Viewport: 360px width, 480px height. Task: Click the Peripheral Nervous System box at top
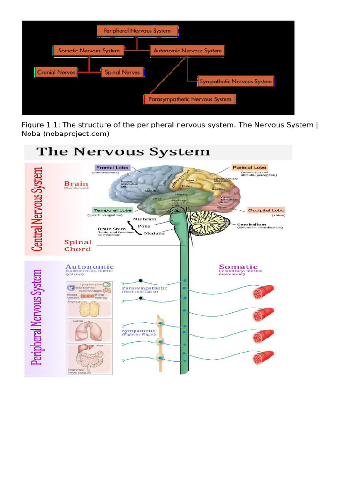137,31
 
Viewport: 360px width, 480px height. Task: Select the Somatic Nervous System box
89,51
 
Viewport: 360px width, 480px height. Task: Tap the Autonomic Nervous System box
187,51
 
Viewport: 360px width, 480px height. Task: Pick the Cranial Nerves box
56,72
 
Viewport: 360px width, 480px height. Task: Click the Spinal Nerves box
122,72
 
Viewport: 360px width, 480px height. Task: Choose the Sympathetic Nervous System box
235,82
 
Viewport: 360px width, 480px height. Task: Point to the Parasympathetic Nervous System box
189,99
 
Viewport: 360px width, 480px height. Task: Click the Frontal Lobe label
112,167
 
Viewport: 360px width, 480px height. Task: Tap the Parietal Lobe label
249,167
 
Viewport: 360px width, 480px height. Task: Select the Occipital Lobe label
266,210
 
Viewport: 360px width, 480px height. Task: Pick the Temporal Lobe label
112,210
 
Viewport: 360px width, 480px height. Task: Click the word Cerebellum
251,225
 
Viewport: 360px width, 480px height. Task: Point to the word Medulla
154,233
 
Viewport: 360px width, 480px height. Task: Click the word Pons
144,226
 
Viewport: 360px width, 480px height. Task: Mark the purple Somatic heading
238,266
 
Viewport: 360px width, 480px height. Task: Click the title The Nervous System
123,152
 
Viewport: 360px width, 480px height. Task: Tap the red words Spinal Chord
78,246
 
